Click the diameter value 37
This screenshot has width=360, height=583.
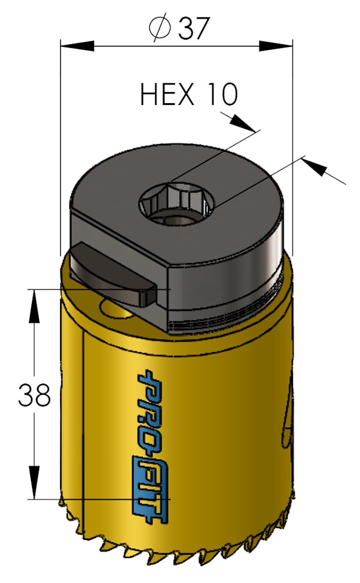[x=193, y=27]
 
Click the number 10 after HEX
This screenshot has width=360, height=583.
[x=222, y=94]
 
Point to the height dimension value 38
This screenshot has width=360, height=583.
[x=34, y=395]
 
